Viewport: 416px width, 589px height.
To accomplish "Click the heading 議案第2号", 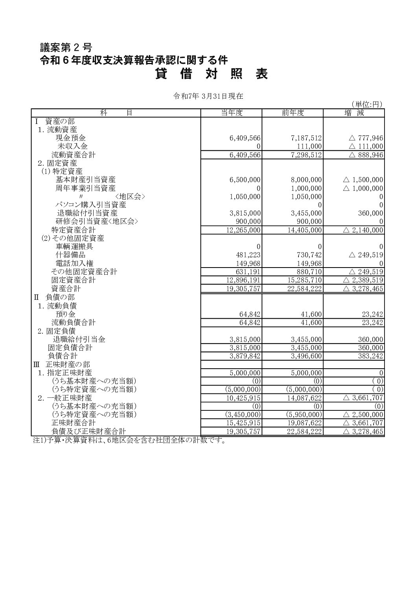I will coord(66,48).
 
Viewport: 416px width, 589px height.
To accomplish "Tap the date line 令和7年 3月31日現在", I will coord(209,96).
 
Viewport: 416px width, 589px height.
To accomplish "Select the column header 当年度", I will coord(232,113).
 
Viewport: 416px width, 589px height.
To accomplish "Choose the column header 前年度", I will coord(293,113).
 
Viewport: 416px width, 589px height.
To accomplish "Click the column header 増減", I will coord(354,113).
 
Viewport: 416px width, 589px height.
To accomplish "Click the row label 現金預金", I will coord(71,138).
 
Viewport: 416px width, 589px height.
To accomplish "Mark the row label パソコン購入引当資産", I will coord(90,205).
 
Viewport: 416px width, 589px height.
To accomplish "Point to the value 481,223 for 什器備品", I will coord(248,255).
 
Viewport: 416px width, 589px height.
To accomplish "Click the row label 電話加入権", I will coord(75,263).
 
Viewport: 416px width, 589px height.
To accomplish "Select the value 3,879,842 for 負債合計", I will coord(245,356).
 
